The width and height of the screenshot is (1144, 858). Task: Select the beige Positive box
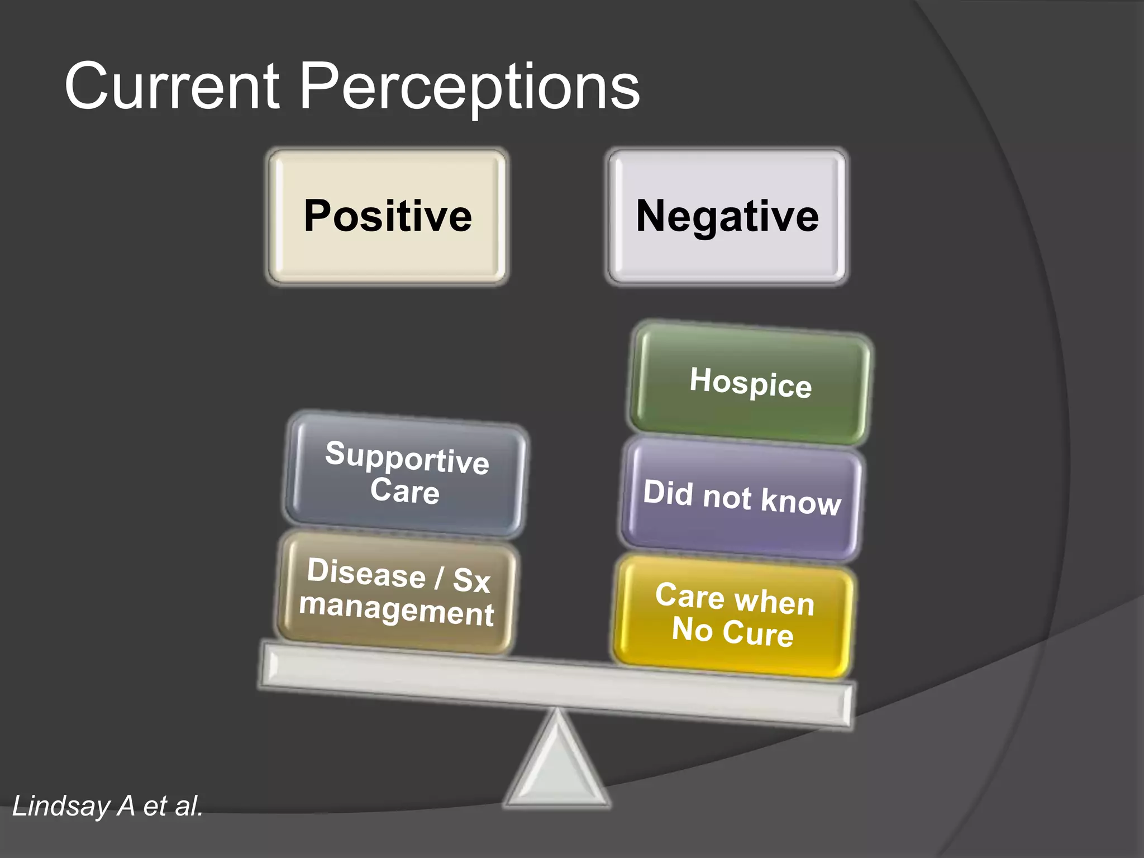[x=388, y=217]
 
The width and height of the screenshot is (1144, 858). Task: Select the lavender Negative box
[x=727, y=217]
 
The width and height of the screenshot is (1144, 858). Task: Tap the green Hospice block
[x=750, y=383]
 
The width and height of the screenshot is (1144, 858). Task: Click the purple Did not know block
[x=741, y=498]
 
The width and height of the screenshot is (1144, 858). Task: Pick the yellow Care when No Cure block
[x=733, y=614]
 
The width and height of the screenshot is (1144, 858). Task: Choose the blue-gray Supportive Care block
[x=406, y=474]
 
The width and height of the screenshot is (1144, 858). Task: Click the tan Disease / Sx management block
[x=397, y=592]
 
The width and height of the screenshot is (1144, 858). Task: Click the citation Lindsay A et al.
[x=107, y=806]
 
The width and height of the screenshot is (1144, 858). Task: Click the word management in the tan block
[x=397, y=610]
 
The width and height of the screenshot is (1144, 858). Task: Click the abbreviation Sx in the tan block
[x=471, y=580]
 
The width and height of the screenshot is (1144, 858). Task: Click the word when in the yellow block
[x=774, y=603]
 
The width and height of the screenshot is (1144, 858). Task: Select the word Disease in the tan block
[x=366, y=573]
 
